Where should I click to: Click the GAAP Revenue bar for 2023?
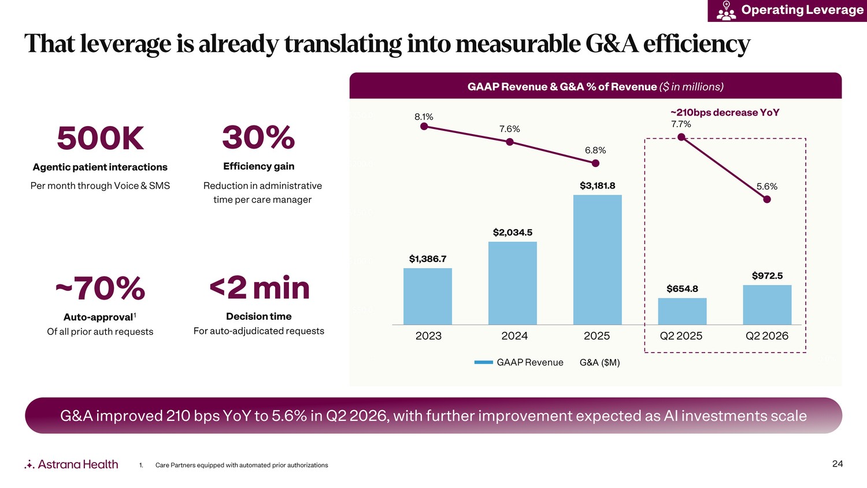click(427, 296)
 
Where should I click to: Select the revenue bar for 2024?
click(513, 283)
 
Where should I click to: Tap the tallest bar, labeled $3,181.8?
click(597, 260)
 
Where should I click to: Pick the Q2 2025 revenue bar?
click(682, 312)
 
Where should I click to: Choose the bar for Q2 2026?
click(767, 305)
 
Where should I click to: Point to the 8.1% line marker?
click(424, 126)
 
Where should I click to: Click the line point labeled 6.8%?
click(596, 164)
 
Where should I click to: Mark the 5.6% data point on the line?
click(767, 199)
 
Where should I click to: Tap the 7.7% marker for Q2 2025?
click(681, 136)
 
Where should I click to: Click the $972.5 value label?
click(767, 276)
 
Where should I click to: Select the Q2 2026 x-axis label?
click(767, 336)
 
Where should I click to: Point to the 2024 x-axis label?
click(514, 336)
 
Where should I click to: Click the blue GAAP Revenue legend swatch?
click(483, 363)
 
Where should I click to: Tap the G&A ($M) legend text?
click(599, 363)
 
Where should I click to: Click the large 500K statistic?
click(100, 138)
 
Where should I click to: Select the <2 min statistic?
click(260, 288)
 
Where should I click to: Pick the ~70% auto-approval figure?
click(100, 288)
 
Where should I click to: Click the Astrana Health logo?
click(71, 464)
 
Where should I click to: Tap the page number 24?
click(838, 464)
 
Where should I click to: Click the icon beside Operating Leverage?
click(726, 10)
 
